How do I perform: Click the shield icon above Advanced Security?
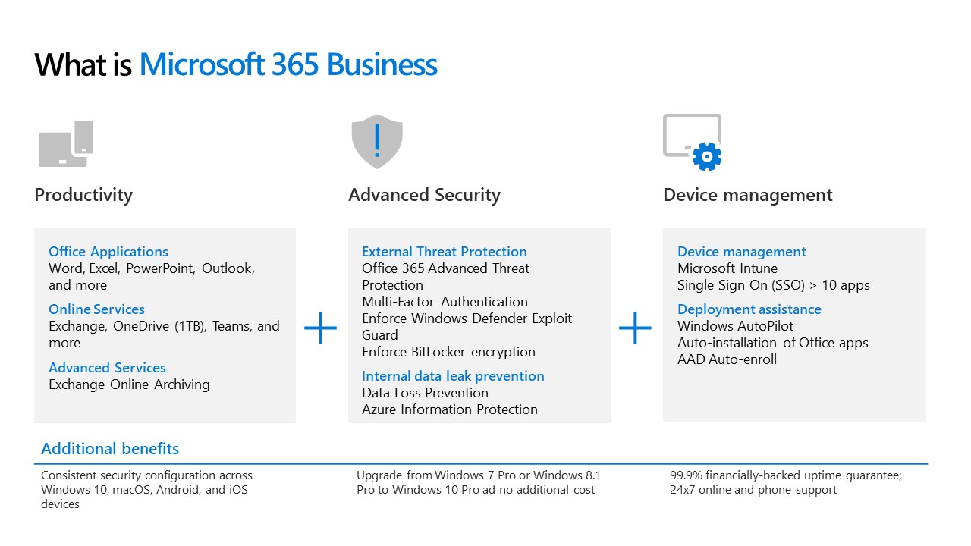click(x=377, y=142)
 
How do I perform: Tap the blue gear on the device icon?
click(x=706, y=156)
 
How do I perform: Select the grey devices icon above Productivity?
click(x=66, y=143)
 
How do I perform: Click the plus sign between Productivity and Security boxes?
click(x=320, y=328)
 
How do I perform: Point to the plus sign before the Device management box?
click(x=635, y=328)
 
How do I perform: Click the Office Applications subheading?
click(x=108, y=251)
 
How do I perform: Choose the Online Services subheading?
click(x=96, y=309)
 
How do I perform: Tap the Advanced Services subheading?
click(x=107, y=368)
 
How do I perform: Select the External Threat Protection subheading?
click(x=445, y=251)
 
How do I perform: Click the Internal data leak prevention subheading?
click(x=453, y=375)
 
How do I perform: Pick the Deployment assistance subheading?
click(x=749, y=309)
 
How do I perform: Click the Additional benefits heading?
click(x=110, y=448)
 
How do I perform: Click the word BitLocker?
click(x=438, y=351)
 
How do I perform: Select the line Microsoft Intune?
click(x=727, y=268)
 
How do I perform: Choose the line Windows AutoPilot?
click(x=735, y=326)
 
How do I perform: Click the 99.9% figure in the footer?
click(x=686, y=475)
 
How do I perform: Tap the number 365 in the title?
click(x=295, y=64)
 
